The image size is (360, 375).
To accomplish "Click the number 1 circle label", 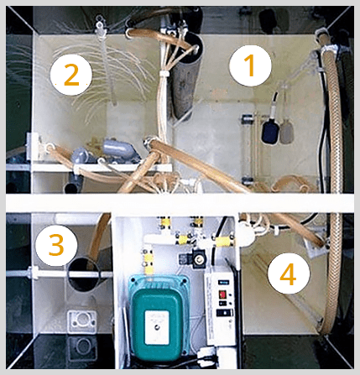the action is pos(250,65).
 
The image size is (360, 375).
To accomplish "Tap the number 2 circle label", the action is pos(71,75).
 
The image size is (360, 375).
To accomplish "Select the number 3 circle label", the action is pos(56,245).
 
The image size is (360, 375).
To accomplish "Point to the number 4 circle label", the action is pos(289,273).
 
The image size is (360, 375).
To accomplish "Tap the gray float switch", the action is pos(287,131).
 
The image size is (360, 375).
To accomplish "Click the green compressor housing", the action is pos(159,318).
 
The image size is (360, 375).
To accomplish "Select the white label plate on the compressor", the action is pos(156,327).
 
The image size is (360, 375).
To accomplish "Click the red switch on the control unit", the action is pos(223,294).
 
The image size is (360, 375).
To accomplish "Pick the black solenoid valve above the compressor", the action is pos(197,258).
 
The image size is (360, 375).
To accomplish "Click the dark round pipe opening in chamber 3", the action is pos(84,274).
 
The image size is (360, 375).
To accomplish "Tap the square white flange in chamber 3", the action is pos(82,321).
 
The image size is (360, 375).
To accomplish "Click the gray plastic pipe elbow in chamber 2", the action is pos(118,148).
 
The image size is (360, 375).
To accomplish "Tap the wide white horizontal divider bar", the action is pos(180,202).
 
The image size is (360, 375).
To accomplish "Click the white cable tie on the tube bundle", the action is pos(164,74).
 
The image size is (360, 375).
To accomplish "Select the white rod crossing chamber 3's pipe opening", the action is pos(59,273).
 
